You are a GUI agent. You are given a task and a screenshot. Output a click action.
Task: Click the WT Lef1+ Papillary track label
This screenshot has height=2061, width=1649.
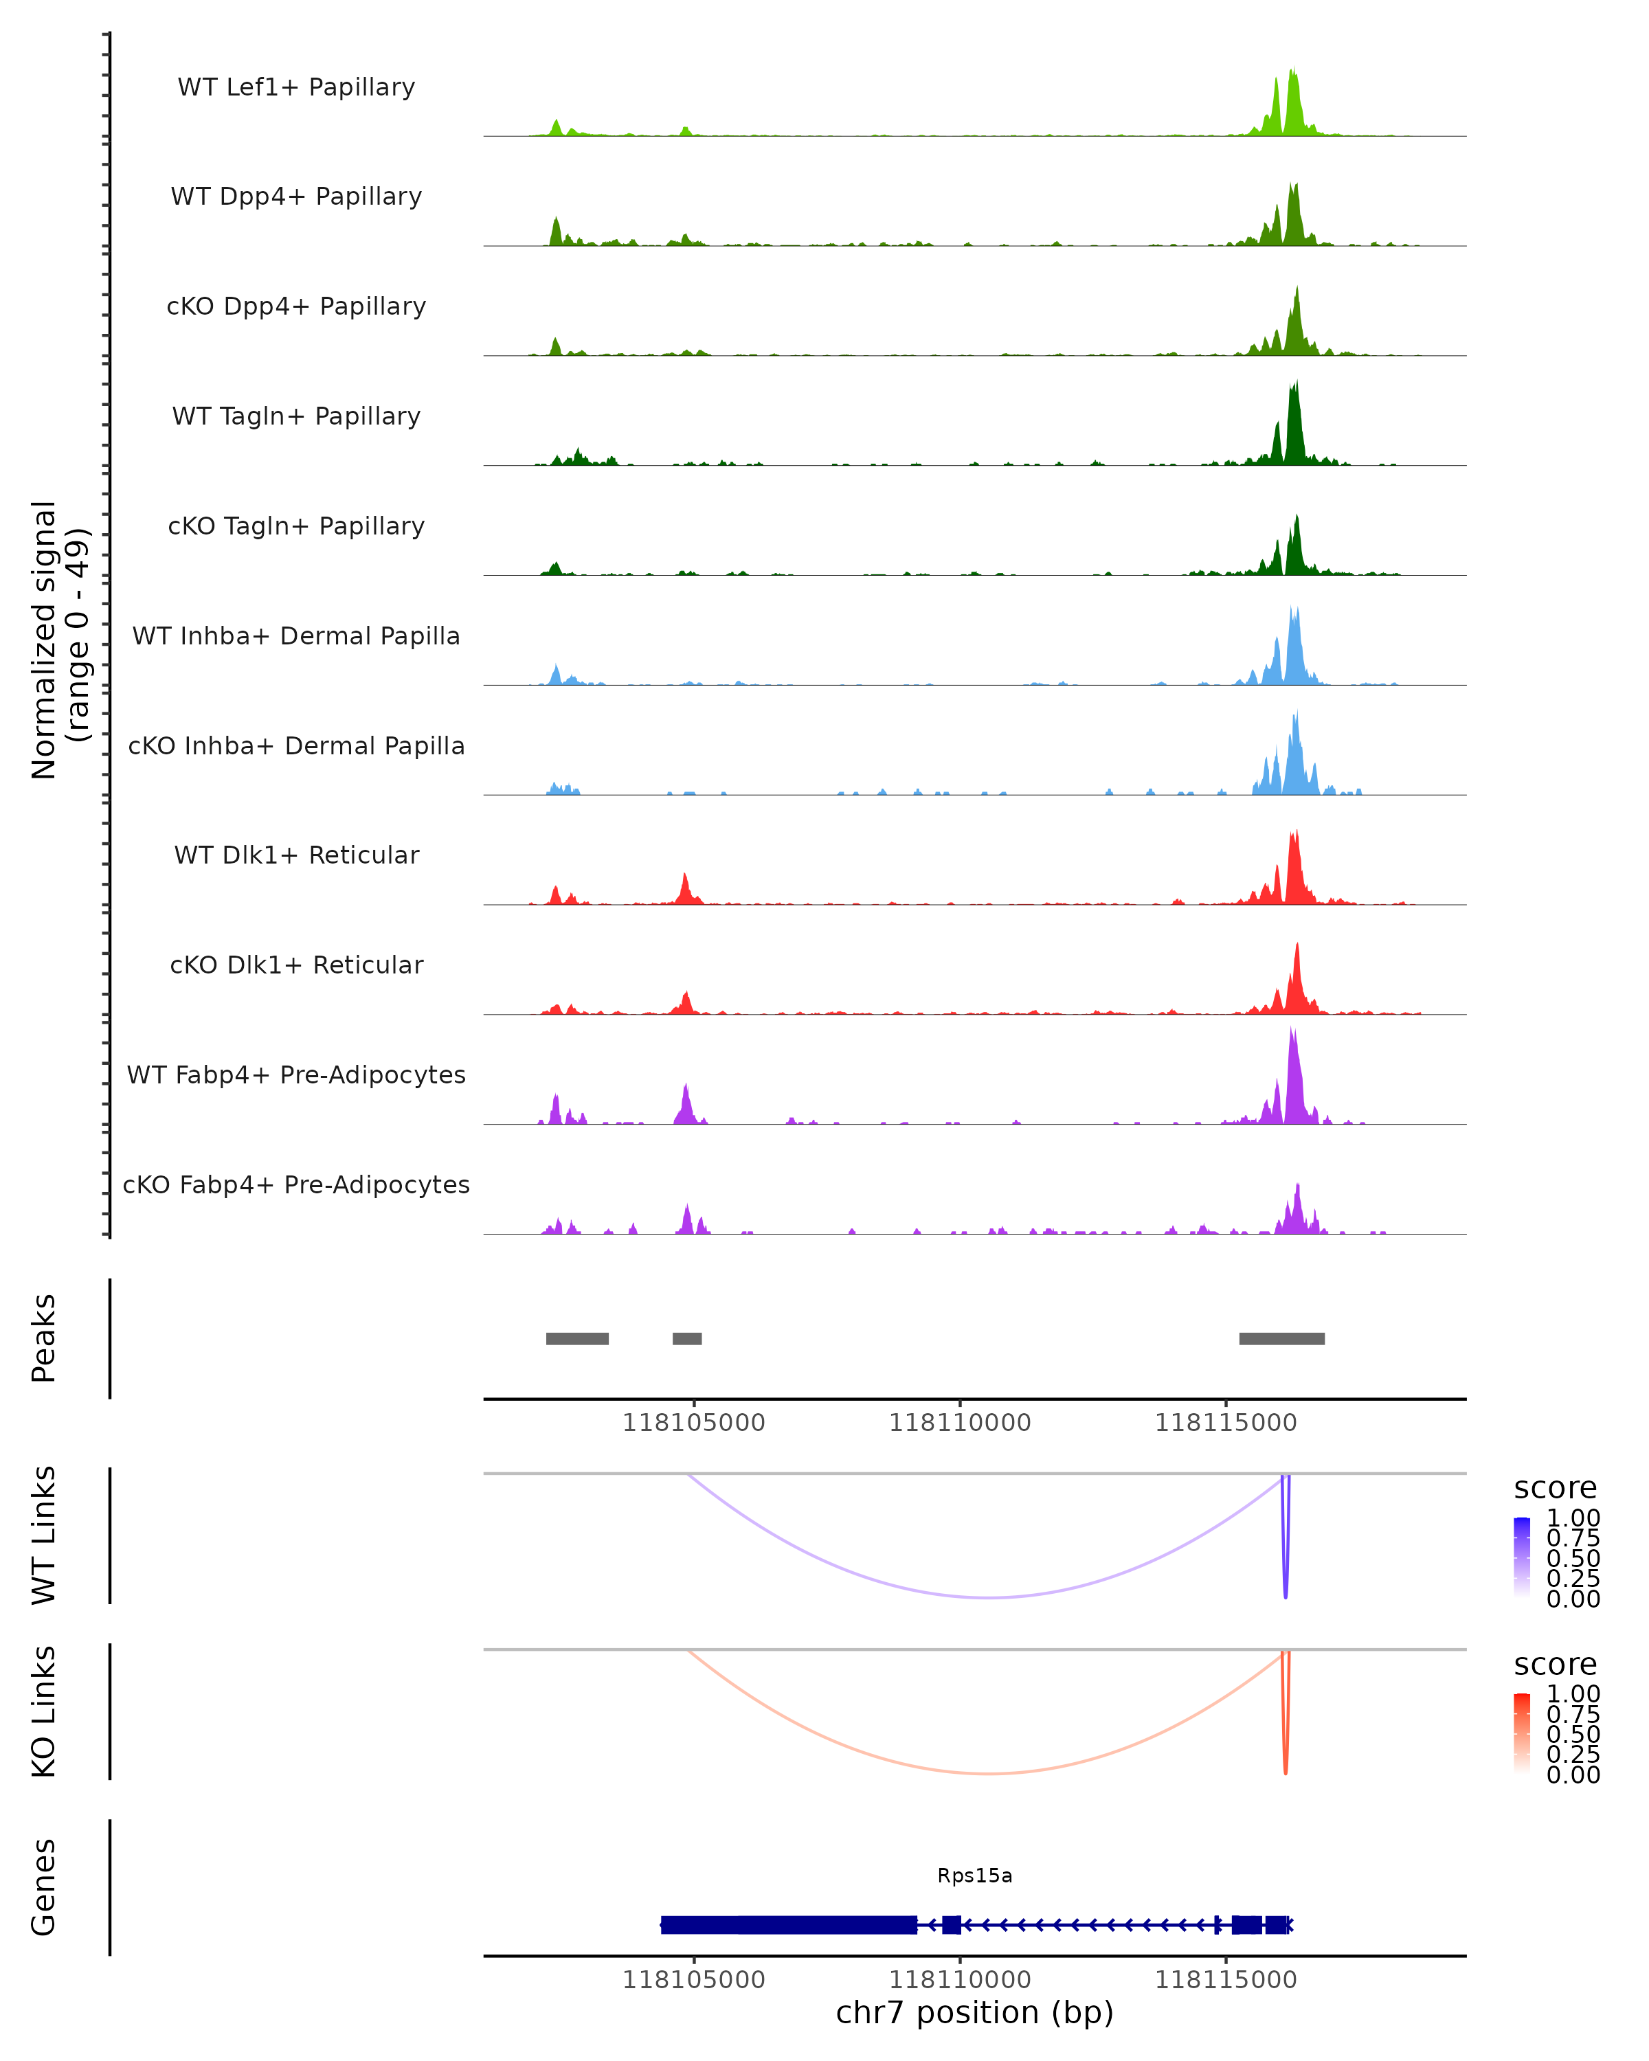click(296, 87)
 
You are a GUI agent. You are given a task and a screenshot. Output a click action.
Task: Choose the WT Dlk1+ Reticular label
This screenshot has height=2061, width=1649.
click(296, 855)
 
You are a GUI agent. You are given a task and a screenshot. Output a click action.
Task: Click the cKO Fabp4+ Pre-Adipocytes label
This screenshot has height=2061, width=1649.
click(296, 1184)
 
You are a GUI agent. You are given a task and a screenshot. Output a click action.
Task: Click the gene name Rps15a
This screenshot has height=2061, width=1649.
click(974, 1876)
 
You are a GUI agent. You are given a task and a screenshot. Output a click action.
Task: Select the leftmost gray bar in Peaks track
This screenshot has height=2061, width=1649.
click(576, 1338)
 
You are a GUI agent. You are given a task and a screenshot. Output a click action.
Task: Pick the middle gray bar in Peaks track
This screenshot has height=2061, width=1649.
click(686, 1338)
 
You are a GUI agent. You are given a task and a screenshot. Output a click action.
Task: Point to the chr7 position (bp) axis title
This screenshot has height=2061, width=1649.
click(974, 2012)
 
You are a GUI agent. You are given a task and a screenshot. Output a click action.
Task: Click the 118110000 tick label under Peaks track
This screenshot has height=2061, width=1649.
click(960, 1423)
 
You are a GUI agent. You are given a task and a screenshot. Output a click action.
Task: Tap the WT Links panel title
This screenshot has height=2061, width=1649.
click(44, 1535)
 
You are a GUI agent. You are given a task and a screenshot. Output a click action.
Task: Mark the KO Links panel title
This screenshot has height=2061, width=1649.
click(44, 1711)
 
